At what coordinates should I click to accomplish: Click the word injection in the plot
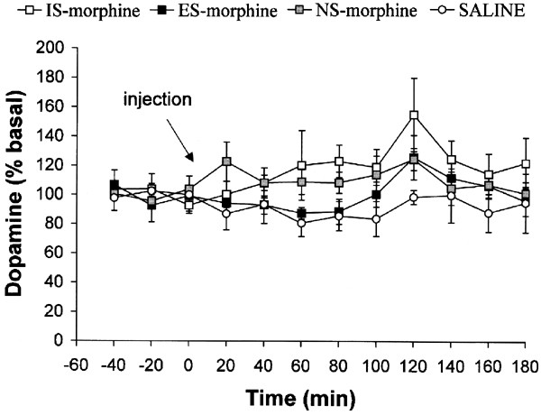160,101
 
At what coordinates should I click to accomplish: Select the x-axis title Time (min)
303,396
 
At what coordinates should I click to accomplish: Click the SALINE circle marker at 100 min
377,219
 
